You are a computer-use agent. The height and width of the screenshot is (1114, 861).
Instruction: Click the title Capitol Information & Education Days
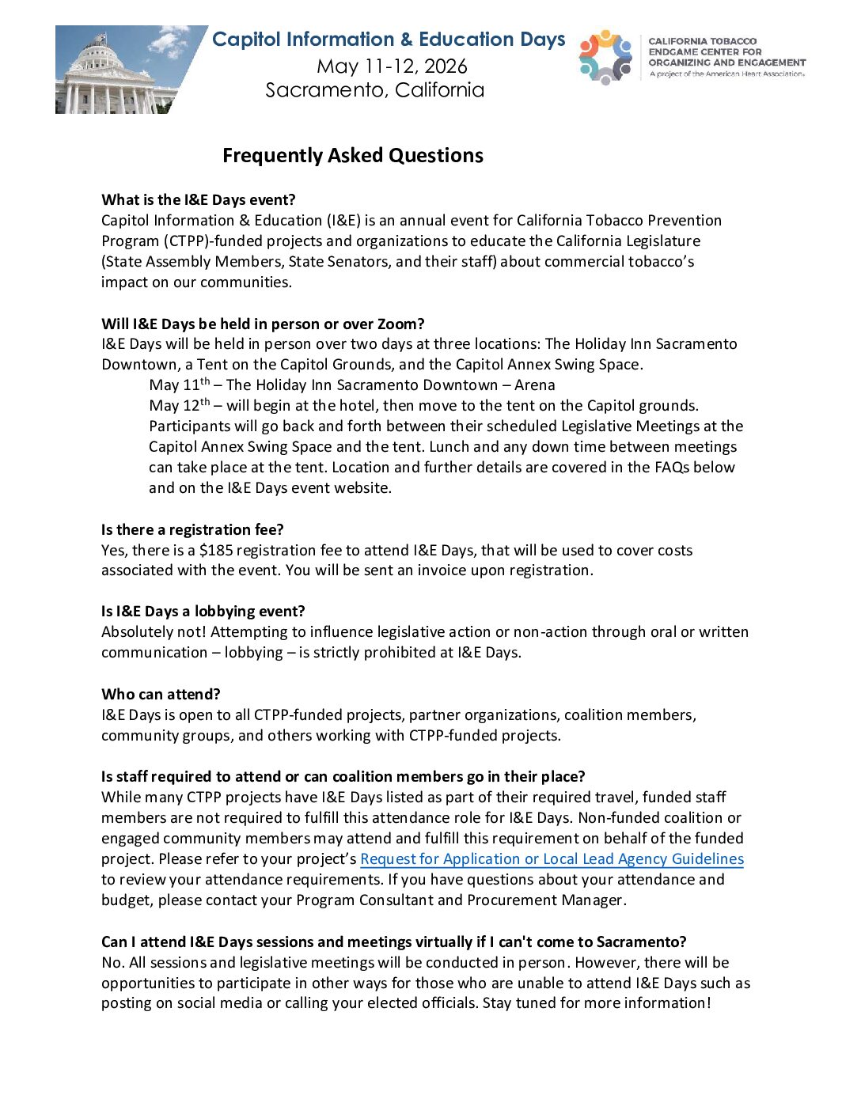[x=389, y=40]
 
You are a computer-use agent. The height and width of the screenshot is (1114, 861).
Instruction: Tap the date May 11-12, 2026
[x=392, y=66]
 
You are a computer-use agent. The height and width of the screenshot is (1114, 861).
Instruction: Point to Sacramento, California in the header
[x=374, y=90]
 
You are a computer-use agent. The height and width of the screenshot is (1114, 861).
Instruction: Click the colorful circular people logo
[x=605, y=57]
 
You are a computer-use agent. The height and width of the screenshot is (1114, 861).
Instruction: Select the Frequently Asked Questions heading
[x=352, y=155]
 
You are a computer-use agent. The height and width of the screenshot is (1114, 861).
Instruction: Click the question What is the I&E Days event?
[x=198, y=199]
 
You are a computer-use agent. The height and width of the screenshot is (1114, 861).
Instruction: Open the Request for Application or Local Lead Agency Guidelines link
[x=552, y=858]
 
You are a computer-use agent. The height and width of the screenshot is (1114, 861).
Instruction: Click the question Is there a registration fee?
[x=192, y=529]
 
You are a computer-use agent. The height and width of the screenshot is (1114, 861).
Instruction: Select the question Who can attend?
[x=161, y=694]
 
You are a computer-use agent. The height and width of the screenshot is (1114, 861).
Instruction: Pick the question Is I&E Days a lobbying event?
[x=203, y=611]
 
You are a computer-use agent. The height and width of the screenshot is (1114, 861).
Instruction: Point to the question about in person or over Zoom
[x=263, y=324]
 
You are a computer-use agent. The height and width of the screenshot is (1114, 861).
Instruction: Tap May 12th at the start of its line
[x=179, y=405]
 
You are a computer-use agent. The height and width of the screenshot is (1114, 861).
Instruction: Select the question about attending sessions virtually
[x=393, y=942]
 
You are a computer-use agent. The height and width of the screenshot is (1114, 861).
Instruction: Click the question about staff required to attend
[x=343, y=776]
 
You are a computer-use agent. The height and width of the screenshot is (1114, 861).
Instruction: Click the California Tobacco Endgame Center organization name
[x=726, y=51]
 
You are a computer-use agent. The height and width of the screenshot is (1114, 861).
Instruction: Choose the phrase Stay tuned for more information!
[x=597, y=1002]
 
